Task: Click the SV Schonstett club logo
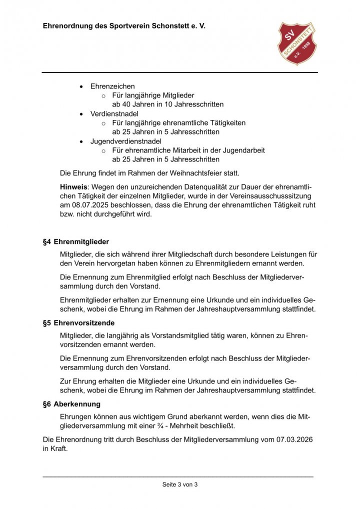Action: [x=297, y=43]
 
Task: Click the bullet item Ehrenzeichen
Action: [x=112, y=86]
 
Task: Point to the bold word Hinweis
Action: [x=73, y=186]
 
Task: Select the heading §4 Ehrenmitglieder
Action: [x=76, y=241]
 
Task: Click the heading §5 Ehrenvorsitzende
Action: [x=78, y=323]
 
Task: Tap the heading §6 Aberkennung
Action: [x=71, y=404]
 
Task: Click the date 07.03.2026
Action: [x=294, y=439]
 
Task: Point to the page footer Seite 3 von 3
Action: [x=180, y=484]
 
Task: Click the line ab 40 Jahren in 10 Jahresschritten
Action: [x=167, y=104]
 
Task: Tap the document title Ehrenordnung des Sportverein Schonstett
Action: [x=124, y=25]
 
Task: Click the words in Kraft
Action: [x=55, y=448]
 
